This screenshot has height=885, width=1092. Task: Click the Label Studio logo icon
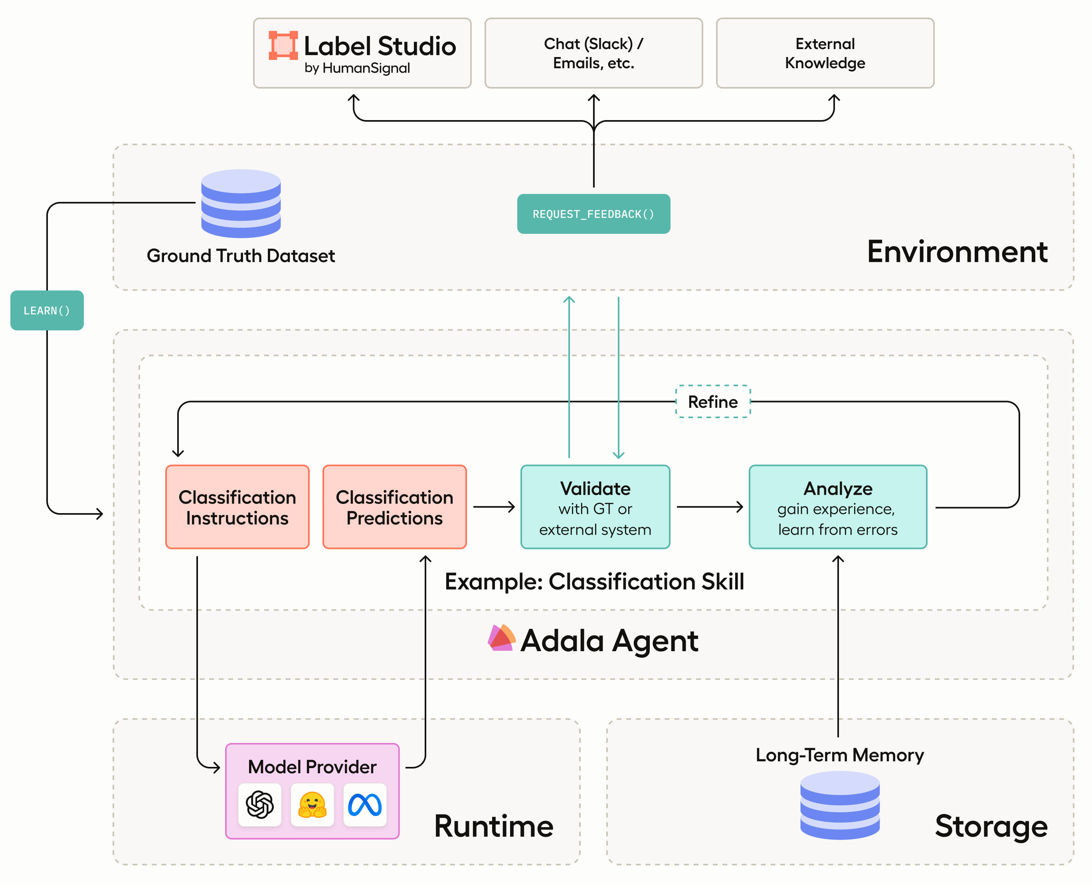[x=283, y=45]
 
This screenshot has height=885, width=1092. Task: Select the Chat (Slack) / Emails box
[x=593, y=53]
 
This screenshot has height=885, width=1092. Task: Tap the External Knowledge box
[x=825, y=53]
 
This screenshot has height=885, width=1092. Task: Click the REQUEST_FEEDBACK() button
[x=593, y=214]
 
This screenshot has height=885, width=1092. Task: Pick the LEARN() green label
[x=47, y=310]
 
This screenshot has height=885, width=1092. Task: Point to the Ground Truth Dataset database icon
[x=241, y=203]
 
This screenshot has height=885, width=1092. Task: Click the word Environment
[x=957, y=252]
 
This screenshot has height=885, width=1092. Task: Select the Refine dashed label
[x=713, y=402]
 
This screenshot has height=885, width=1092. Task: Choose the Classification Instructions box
[x=237, y=507]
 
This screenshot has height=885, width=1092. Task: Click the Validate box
[x=595, y=507]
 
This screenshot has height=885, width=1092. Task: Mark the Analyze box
[x=838, y=507]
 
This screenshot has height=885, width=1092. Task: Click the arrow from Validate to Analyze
[x=709, y=507]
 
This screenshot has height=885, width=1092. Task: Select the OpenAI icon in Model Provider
[x=259, y=804]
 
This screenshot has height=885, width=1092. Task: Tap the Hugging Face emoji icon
[x=312, y=804]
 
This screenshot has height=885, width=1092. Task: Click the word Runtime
[x=493, y=826]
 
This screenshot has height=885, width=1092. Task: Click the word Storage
[x=991, y=826]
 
